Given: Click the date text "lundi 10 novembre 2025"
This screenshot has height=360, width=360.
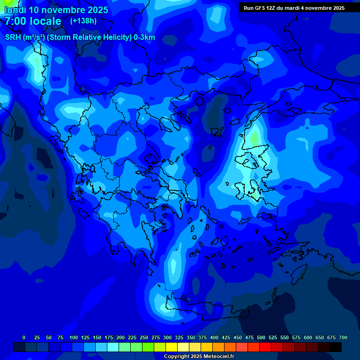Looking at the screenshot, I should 56,10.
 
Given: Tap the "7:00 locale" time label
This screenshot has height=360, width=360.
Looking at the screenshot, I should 33,21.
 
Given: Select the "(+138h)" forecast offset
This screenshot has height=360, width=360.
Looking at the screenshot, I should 84,21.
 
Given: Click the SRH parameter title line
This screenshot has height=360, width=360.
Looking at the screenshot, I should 80,37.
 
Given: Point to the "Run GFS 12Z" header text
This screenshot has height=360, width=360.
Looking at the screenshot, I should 259,8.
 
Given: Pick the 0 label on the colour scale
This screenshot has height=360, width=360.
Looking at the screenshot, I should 24,337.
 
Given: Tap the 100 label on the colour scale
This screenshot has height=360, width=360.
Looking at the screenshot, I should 74,337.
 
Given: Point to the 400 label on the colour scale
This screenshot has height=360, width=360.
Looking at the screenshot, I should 214,337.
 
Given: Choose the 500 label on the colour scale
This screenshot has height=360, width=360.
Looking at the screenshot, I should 261,337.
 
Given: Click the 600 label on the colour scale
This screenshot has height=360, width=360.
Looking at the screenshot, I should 308,337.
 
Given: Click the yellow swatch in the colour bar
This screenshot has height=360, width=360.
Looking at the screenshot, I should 172,347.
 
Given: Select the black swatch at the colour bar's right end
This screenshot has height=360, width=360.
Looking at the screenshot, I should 336,347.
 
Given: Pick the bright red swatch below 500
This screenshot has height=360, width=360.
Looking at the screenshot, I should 265,347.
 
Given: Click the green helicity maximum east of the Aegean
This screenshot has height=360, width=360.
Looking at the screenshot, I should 254,138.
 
